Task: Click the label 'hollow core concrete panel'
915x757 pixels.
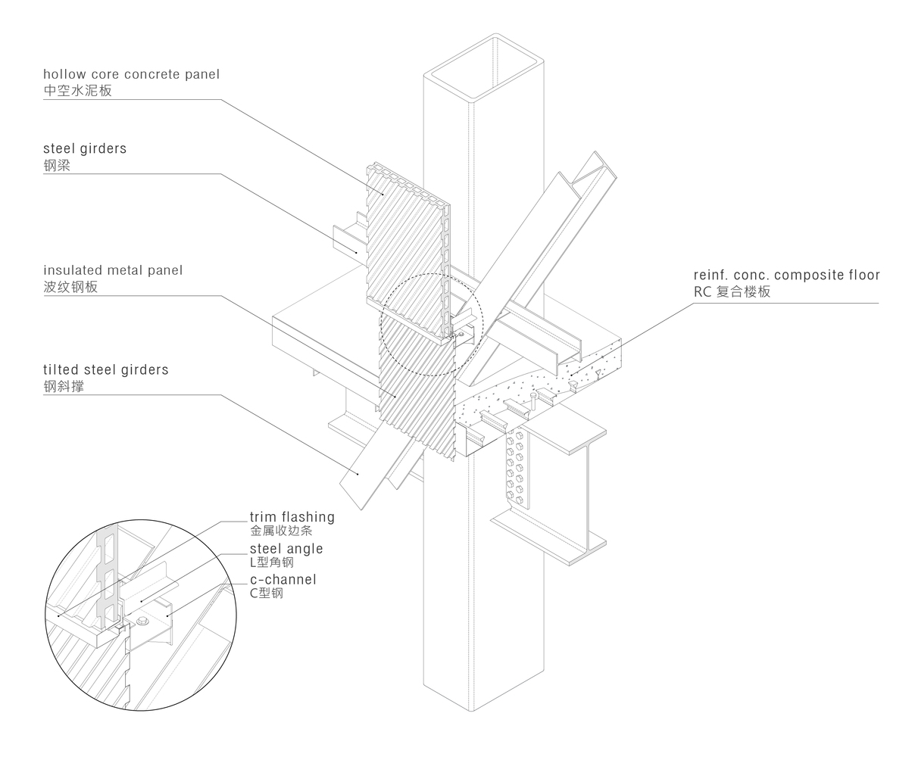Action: [x=132, y=74]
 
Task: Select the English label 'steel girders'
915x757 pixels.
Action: [x=85, y=148]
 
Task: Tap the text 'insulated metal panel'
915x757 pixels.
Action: [x=113, y=270]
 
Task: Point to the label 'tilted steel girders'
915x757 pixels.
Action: [x=106, y=369]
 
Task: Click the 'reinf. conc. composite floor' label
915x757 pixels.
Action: [x=786, y=275]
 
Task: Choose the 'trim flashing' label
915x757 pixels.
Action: [x=292, y=517]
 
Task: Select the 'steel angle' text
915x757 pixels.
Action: [x=286, y=549]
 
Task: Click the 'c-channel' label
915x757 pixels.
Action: [x=283, y=580]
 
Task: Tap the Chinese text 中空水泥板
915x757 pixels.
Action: [x=78, y=90]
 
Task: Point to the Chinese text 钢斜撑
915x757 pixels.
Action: [x=64, y=386]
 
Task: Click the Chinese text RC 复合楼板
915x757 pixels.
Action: [x=732, y=291]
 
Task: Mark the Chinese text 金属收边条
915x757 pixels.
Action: [x=281, y=531]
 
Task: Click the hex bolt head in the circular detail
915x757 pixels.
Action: [x=142, y=621]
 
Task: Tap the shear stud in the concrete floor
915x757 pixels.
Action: [x=532, y=400]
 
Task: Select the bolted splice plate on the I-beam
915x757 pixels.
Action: [x=517, y=469]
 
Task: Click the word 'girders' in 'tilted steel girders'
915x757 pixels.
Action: [x=145, y=370]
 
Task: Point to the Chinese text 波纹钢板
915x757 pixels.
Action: [x=70, y=287]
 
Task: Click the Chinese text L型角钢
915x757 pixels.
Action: [x=272, y=562]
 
